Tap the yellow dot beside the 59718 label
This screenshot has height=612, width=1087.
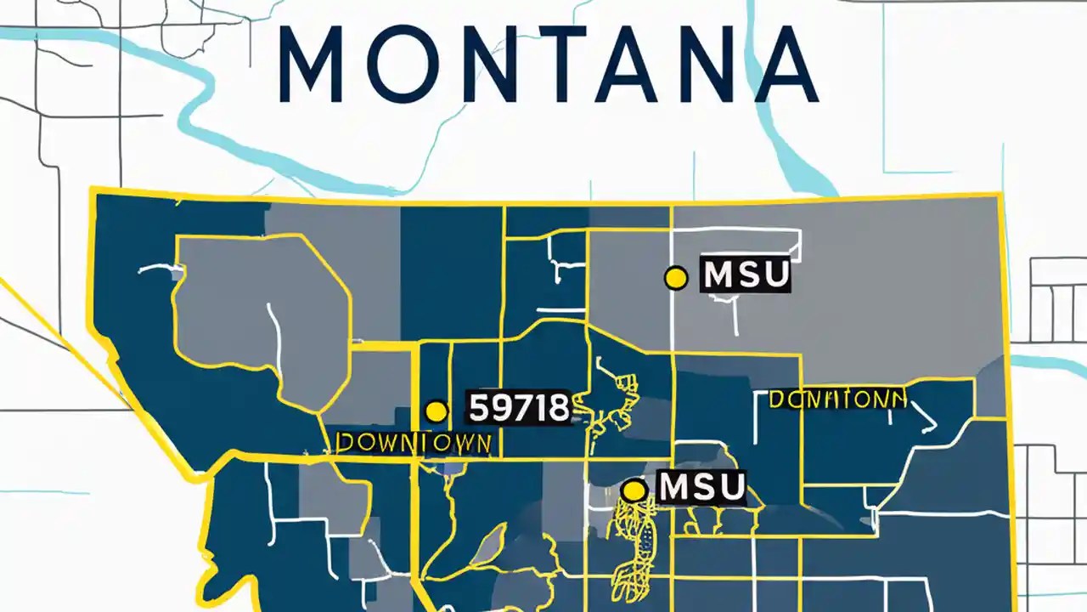pos(436,411)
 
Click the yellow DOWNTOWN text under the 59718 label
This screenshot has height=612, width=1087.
pos(414,442)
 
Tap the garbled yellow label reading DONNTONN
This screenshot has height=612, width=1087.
pos(837,399)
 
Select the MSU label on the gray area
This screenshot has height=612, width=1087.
pos(746,275)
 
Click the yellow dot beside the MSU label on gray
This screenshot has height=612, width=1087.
pos(675,277)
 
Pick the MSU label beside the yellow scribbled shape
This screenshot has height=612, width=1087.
pos(701,487)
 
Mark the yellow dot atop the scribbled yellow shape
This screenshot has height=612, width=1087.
pos(634,490)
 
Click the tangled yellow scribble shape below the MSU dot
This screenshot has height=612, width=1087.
pos(633,540)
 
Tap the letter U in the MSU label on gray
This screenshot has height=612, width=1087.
pos(774,275)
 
